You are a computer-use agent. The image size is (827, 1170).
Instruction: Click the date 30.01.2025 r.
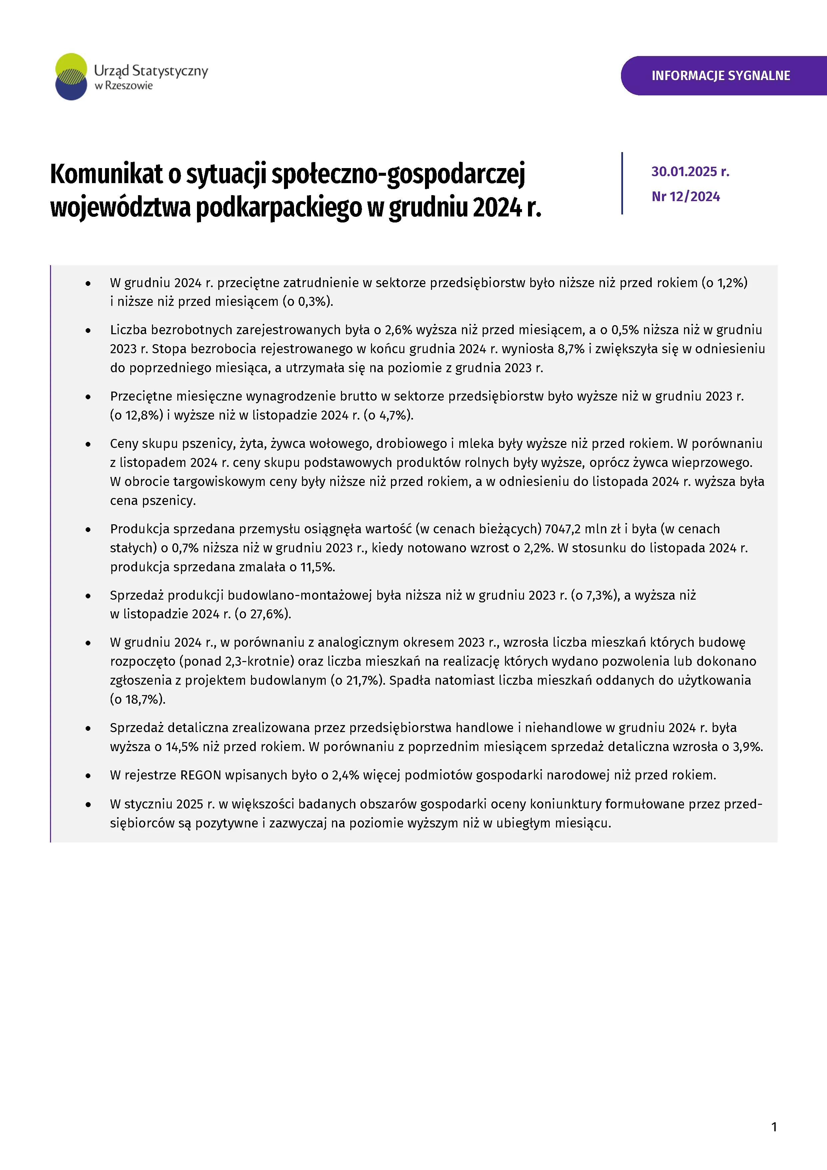(x=690, y=172)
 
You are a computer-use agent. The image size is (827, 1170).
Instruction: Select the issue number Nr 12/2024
(x=685, y=197)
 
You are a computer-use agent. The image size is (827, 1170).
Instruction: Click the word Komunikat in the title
(x=106, y=174)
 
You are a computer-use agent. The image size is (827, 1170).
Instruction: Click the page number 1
(x=774, y=1127)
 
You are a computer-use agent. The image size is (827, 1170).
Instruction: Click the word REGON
(x=201, y=775)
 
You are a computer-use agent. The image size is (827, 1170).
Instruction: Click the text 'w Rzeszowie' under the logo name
(x=124, y=86)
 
